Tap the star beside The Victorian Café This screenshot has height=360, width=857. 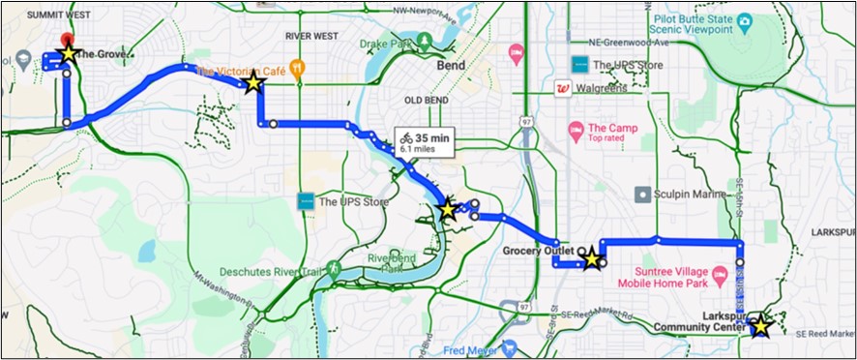[253, 84]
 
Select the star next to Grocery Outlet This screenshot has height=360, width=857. [591, 258]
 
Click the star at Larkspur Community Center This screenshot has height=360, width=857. [760, 326]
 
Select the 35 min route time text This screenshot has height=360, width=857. [431, 137]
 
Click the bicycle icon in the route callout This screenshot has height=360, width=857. [406, 138]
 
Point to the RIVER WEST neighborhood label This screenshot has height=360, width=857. [311, 36]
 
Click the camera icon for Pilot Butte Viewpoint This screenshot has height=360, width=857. [744, 20]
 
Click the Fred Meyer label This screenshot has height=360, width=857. [472, 350]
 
